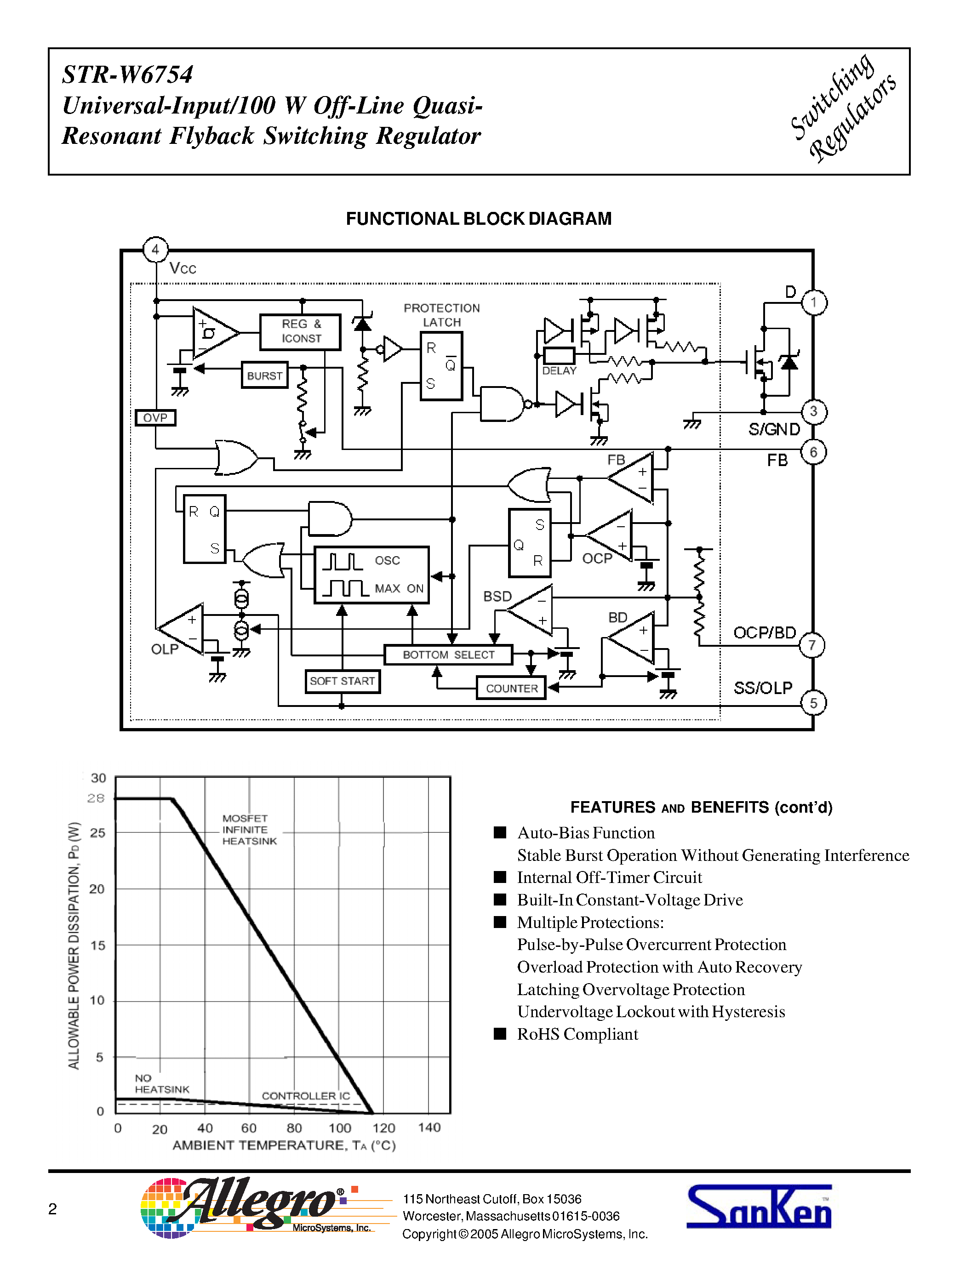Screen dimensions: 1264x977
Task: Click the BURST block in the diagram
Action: pyautogui.click(x=264, y=376)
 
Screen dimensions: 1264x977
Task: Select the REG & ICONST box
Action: pyautogui.click(x=300, y=331)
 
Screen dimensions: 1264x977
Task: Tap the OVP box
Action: pyautogui.click(x=155, y=417)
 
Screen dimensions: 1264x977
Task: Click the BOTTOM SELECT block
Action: pyautogui.click(x=449, y=655)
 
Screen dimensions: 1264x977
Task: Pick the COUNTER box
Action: pyautogui.click(x=512, y=688)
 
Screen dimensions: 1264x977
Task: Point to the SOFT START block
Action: pyautogui.click(x=342, y=681)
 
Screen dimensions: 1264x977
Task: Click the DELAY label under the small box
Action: pyautogui.click(x=559, y=371)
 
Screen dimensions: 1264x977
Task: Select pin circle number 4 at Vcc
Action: pyautogui.click(x=155, y=250)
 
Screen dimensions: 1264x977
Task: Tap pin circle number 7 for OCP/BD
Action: pyautogui.click(x=811, y=645)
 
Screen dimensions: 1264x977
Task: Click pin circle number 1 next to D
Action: pyautogui.click(x=814, y=302)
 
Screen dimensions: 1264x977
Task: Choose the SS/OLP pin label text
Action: pyautogui.click(x=762, y=688)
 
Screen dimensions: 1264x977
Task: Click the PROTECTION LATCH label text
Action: pyautogui.click(x=442, y=315)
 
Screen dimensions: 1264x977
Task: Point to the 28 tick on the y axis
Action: pyautogui.click(x=96, y=798)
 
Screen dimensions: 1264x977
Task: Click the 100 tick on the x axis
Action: pyautogui.click(x=340, y=1128)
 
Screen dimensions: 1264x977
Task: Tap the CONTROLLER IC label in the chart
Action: pyautogui.click(x=306, y=1096)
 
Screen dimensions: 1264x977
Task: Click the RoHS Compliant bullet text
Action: pyautogui.click(x=577, y=1034)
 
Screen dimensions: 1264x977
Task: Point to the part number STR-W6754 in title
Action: pyautogui.click(x=127, y=74)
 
